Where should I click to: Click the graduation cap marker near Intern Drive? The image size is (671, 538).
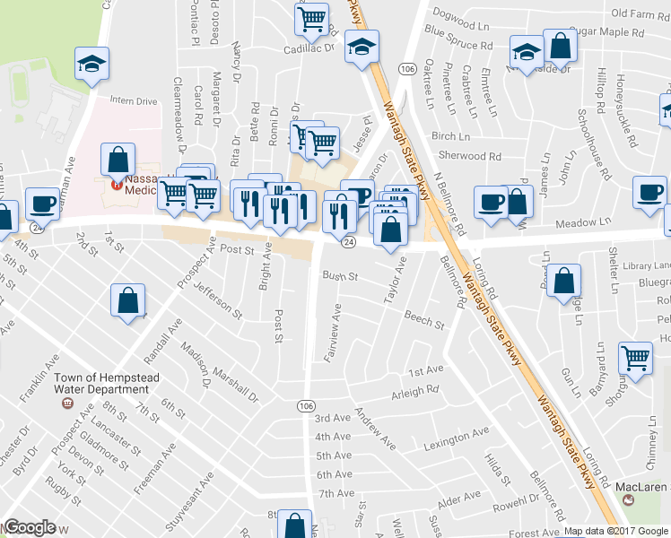91,64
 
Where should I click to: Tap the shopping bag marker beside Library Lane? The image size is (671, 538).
562,282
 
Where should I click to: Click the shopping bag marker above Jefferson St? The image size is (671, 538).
128,301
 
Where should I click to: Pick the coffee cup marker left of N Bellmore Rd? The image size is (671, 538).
490,203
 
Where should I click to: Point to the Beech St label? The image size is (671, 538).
424,319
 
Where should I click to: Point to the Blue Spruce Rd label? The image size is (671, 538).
459,39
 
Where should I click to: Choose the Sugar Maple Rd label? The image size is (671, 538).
606,31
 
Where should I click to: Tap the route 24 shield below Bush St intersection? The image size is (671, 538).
349,242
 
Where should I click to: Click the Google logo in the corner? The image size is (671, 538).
30,528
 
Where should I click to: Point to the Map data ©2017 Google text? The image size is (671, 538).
616,531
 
